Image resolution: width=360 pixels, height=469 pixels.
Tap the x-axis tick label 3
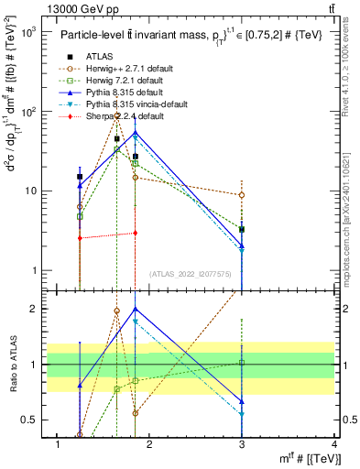[x=242, y=444]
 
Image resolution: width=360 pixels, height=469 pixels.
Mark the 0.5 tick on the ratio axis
[x=29, y=420]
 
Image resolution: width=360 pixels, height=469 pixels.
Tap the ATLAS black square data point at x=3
[x=242, y=229]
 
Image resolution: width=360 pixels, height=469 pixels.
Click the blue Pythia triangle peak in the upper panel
[x=136, y=134]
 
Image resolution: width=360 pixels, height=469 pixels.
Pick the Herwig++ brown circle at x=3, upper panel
[x=242, y=195]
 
